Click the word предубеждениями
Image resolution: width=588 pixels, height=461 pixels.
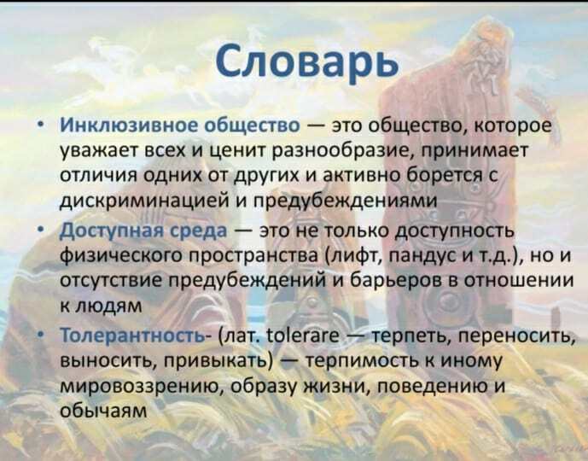tap(346, 201)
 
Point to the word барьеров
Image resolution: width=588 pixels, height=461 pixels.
tap(393, 281)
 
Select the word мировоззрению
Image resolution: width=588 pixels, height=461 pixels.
tap(143, 387)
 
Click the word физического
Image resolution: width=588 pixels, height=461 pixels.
tap(121, 256)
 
